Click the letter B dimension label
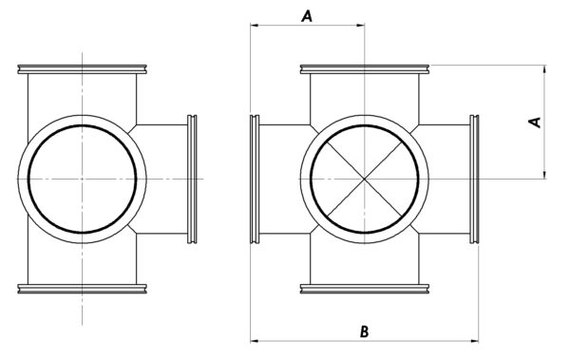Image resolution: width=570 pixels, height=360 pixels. pos(364,332)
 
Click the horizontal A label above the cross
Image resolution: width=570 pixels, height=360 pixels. pos(307,16)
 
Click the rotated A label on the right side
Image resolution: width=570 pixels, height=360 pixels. pos(535,123)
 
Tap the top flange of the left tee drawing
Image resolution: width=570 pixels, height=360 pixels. pos(82,69)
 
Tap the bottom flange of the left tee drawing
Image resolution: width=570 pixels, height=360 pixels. pos(82,289)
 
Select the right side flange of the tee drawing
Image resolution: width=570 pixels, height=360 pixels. pos(192,179)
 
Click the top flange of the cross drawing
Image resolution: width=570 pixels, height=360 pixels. pos(365,69)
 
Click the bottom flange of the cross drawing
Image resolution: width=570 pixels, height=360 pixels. pos(365,289)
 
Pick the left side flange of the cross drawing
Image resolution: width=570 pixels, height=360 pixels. pos(255,179)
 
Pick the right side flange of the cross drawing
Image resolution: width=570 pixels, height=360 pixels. pos(474,179)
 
